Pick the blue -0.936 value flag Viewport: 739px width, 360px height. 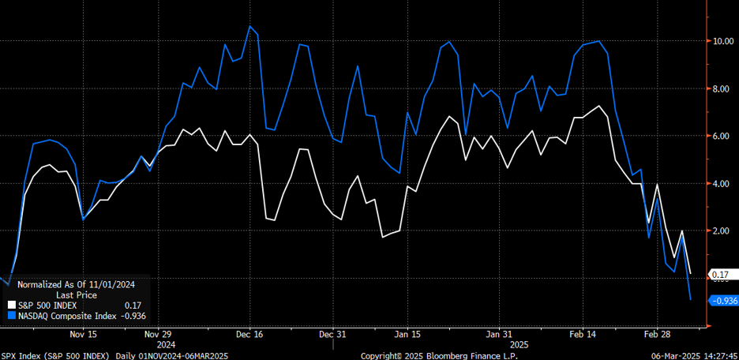pos(723,300)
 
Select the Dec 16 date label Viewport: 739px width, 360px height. pos(249,333)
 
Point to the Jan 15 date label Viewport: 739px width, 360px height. pos(407,333)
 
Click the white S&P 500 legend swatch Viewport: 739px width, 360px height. pos(11,305)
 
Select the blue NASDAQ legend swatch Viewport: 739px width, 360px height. pos(11,316)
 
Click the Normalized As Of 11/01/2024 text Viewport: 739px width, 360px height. pos(77,284)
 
